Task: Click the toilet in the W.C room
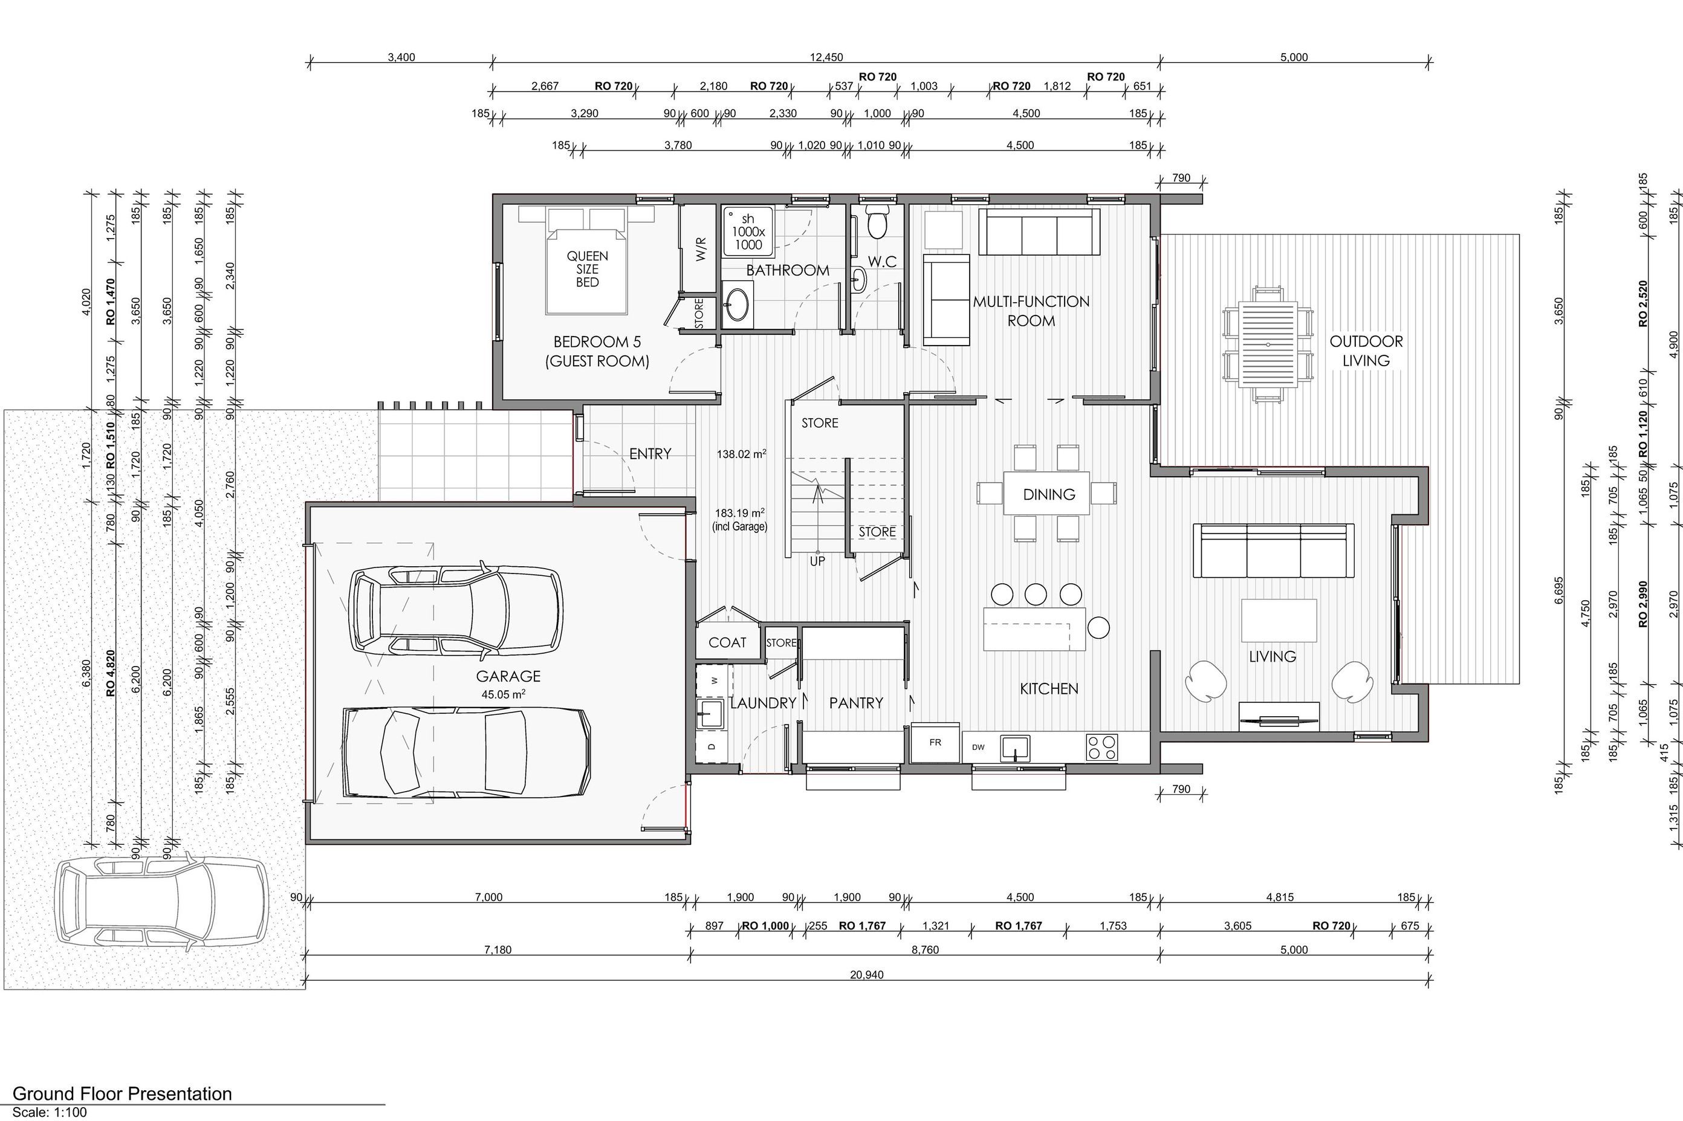[877, 220]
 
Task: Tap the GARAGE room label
[508, 676]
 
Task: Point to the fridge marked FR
[935, 742]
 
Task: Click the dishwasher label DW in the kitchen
[978, 747]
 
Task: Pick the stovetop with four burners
[1101, 747]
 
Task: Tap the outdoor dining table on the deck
[1268, 343]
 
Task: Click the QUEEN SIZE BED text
[588, 269]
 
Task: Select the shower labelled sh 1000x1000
[748, 231]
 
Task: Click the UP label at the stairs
[817, 561]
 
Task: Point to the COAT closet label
[727, 642]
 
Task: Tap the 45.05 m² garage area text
[504, 694]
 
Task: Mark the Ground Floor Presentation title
[122, 1093]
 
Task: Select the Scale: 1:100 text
[50, 1113]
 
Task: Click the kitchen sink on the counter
[1014, 748]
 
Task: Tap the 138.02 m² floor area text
[741, 453]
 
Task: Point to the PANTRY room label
[856, 703]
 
